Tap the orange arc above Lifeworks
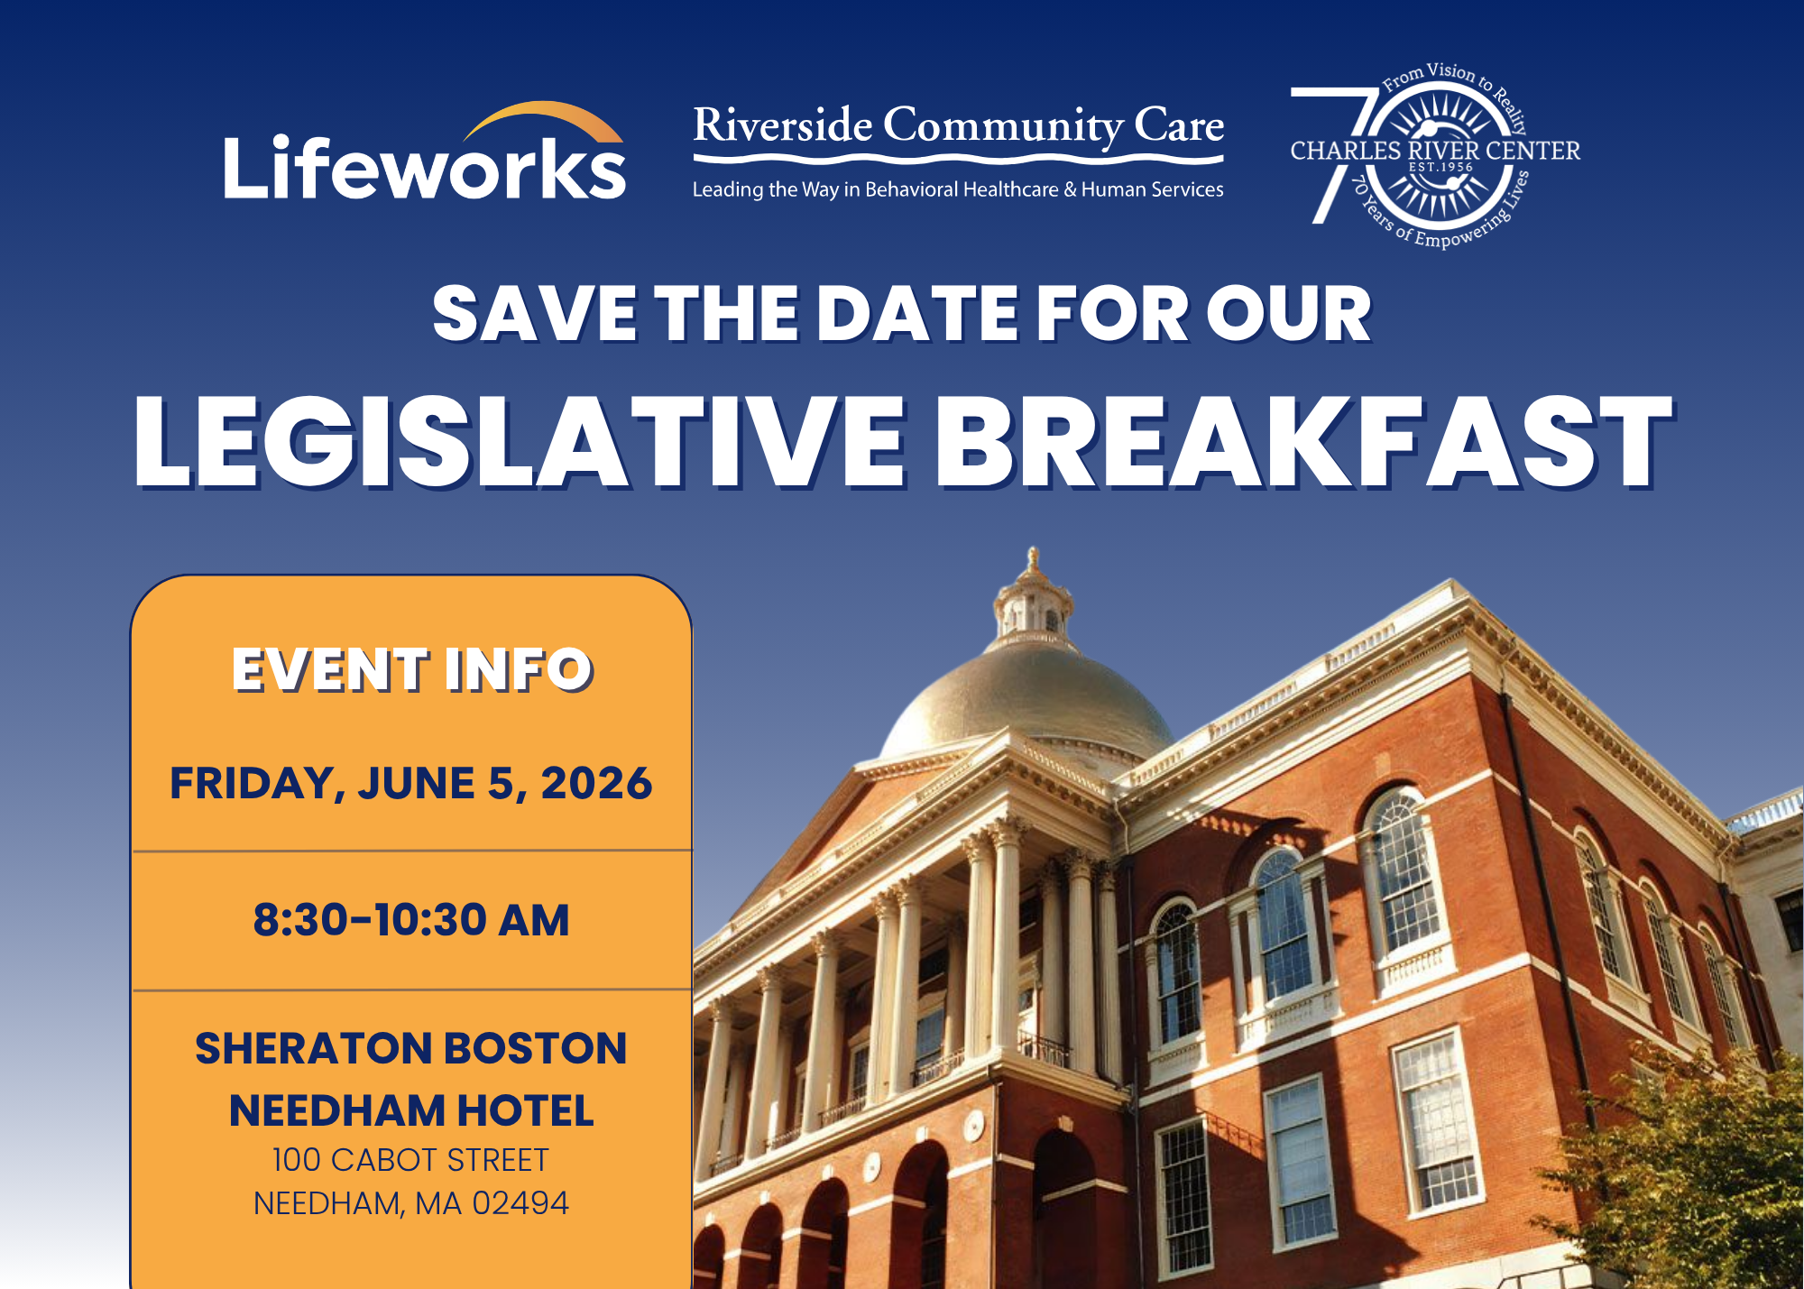click(541, 115)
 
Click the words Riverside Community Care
click(958, 126)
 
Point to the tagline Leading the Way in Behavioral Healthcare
click(875, 189)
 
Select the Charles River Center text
click(1435, 151)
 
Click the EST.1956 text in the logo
click(1440, 167)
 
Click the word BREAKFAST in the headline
click(1304, 443)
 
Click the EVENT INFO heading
click(412, 669)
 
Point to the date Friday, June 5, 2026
click(411, 782)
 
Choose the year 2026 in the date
click(596, 782)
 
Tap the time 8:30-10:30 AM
click(411, 920)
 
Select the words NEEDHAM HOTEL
click(411, 1110)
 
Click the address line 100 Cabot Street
click(410, 1160)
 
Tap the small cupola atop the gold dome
click(1034, 600)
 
